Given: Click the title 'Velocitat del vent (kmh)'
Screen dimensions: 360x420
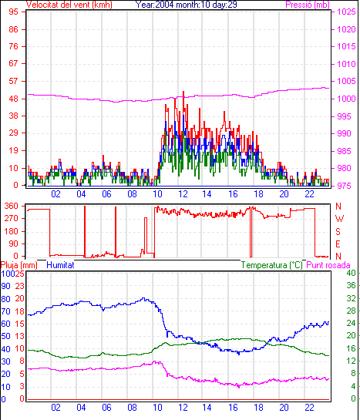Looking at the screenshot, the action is click(x=69, y=5).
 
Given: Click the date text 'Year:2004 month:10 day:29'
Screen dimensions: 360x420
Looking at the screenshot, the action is click(x=186, y=5).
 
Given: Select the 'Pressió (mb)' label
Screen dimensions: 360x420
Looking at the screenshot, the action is click(x=308, y=5).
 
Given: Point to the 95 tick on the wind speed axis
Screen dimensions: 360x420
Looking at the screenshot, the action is click(x=14, y=12).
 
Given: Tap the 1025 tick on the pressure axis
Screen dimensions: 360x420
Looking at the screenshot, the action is click(x=346, y=12).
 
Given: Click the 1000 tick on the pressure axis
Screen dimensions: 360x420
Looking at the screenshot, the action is click(x=346, y=99).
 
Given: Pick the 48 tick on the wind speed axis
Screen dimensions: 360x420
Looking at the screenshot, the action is click(x=14, y=99).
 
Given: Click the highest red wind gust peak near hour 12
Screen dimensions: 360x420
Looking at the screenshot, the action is click(x=183, y=92).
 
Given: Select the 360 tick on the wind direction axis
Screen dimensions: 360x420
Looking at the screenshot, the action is click(x=12, y=207).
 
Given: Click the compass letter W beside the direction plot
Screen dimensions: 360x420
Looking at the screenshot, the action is click(x=339, y=219).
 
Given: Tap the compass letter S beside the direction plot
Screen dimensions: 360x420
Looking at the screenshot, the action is click(x=338, y=231).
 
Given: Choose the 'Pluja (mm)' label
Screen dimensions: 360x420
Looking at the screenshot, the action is click(x=19, y=265).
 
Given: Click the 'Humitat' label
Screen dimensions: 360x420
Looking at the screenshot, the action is click(x=60, y=265).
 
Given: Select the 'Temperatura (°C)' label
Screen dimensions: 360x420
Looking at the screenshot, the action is click(x=271, y=265).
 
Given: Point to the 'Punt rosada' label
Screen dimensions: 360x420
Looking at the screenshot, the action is click(x=328, y=265).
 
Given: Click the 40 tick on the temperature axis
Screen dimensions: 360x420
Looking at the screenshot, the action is click(x=352, y=274).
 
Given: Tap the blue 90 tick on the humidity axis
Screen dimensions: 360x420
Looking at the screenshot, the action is click(x=5, y=286).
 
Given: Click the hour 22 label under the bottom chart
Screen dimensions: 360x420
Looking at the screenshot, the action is click(x=309, y=408).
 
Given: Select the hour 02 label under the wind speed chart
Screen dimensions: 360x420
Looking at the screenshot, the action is click(x=56, y=194).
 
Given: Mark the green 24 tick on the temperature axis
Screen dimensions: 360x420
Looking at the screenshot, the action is click(x=352, y=323).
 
